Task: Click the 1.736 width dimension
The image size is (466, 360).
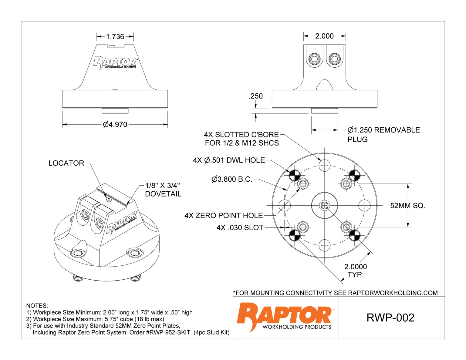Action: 115,37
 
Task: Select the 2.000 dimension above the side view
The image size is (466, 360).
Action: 324,36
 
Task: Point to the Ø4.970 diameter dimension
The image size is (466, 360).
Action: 115,124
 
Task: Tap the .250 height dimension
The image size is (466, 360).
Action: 255,96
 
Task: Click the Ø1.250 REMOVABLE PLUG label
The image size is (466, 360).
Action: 383,134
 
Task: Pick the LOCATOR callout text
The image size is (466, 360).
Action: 66,163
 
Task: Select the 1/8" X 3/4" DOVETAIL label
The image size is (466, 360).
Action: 163,190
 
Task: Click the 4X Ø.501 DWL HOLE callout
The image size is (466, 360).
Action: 229,160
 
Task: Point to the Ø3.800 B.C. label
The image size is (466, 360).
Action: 232,179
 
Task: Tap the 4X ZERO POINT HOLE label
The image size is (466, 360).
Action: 224,216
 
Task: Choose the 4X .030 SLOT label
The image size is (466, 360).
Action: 240,227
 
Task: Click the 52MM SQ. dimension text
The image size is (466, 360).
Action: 407,206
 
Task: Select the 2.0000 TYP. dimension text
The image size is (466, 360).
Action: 355,271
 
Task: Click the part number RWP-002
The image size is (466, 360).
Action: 390,318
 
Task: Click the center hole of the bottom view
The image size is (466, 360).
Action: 324,206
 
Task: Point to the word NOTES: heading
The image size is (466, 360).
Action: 37,306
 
